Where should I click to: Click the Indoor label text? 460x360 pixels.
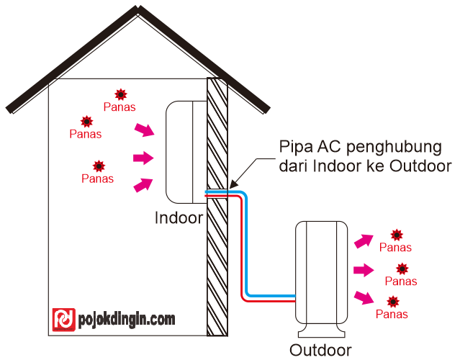coord(179,217)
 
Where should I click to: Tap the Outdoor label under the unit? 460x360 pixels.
coord(320,351)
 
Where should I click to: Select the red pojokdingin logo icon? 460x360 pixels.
coord(64,319)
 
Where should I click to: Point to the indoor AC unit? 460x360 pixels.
coord(186,152)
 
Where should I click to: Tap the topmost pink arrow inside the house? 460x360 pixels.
coord(145,130)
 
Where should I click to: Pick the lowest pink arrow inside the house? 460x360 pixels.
coord(145,184)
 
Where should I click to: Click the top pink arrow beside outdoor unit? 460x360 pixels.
coord(364,241)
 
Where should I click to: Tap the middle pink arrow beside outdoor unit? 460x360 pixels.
coord(364,270)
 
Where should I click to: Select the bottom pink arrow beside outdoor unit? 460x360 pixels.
coord(364,297)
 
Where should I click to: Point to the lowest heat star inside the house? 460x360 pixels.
coord(97,166)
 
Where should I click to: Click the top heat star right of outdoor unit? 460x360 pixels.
coord(396,235)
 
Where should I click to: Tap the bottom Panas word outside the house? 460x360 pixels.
coord(392,314)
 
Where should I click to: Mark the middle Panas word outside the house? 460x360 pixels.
coord(401,281)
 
